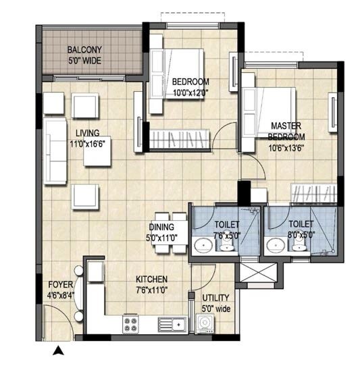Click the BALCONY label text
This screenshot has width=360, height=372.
coord(84,49)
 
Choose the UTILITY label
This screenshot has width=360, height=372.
coord(215,298)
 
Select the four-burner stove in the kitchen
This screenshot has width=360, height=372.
coord(130,325)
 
